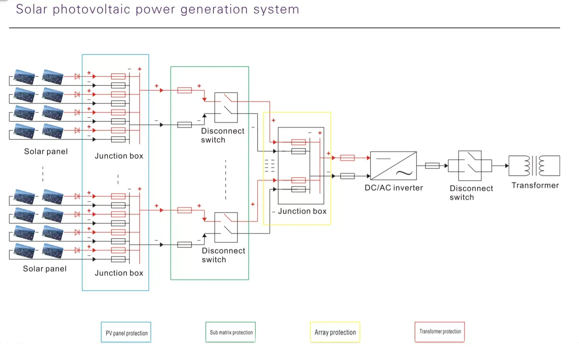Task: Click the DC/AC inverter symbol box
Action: pyautogui.click(x=393, y=165)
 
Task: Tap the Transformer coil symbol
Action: pyautogui.click(x=534, y=166)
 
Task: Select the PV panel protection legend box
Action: pyautogui.click(x=126, y=332)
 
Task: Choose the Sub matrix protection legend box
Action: pyautogui.click(x=230, y=332)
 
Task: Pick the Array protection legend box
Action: pyautogui.click(x=335, y=332)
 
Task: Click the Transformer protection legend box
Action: pyautogui.click(x=439, y=332)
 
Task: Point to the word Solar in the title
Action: pyautogui.click(x=31, y=9)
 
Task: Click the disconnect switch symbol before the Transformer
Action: pyautogui.click(x=470, y=166)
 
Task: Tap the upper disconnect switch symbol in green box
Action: pyautogui.click(x=226, y=108)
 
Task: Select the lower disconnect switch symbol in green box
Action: pyautogui.click(x=226, y=227)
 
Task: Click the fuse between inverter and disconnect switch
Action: pyautogui.click(x=432, y=166)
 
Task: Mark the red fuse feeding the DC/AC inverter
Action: pyautogui.click(x=347, y=158)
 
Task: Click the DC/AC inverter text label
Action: pyautogui.click(x=394, y=188)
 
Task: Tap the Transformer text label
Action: pyautogui.click(x=535, y=186)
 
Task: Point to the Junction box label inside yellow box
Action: pyautogui.click(x=302, y=211)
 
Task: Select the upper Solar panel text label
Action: pyautogui.click(x=46, y=151)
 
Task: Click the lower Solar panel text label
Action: pyautogui.click(x=45, y=269)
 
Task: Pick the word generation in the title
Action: pyautogui.click(x=214, y=9)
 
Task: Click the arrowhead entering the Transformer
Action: pyautogui.click(x=507, y=166)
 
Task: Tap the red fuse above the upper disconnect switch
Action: pyautogui.click(x=185, y=90)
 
